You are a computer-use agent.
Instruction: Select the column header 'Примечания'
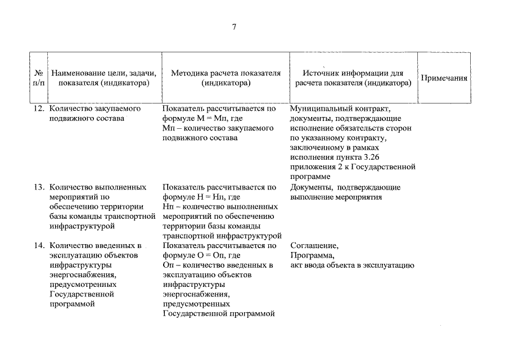444,78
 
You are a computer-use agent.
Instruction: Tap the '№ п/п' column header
39,78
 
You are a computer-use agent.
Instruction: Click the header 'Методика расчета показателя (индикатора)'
226,78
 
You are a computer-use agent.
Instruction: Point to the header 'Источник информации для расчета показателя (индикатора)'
353,78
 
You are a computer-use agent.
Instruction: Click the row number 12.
38,109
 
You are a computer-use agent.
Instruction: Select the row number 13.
38,187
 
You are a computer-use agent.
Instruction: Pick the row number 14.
38,246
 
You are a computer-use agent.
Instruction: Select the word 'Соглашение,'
314,246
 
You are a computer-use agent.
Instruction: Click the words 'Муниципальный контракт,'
336,109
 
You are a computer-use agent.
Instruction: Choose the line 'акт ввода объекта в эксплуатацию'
352,265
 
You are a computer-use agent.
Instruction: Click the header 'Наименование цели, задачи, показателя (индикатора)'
104,78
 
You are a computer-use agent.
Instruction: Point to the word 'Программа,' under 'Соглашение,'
312,256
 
